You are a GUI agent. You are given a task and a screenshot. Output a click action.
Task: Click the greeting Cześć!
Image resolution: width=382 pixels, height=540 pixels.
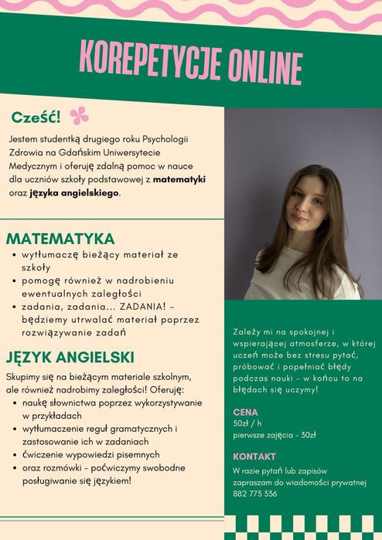[x=36, y=117]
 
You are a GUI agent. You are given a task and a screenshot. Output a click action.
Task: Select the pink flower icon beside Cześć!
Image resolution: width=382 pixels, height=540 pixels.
[x=79, y=116]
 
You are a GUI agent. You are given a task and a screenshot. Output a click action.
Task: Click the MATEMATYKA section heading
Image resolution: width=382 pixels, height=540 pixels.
[x=60, y=238]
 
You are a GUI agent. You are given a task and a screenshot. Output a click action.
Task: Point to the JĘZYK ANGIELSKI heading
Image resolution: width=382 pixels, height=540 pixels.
[x=70, y=357]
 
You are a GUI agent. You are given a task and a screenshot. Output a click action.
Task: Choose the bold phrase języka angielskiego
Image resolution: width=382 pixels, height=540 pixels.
[x=75, y=193]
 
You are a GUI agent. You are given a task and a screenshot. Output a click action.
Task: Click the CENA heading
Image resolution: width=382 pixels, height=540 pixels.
[x=245, y=412]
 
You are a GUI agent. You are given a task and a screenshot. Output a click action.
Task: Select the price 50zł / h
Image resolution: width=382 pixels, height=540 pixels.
[x=247, y=423]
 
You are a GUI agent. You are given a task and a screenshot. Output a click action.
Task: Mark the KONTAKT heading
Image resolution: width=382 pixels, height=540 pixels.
[x=254, y=456]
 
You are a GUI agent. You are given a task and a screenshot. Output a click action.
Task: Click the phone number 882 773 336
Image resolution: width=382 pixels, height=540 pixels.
[x=254, y=494]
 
